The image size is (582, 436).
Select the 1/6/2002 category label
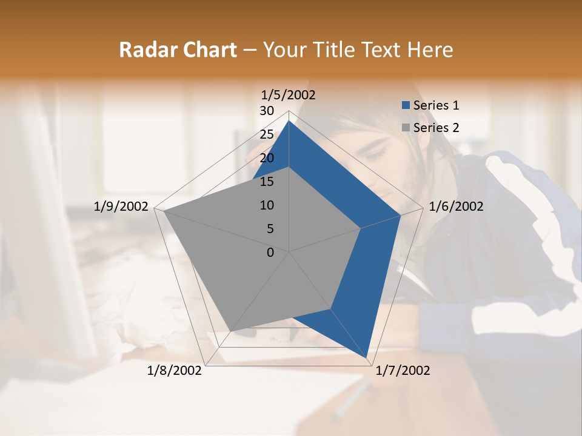[456, 206]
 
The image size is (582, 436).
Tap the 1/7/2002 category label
[403, 371]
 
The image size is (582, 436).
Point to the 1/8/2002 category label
[175, 371]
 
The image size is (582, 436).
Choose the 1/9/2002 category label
[121, 206]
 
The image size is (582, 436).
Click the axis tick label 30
[267, 111]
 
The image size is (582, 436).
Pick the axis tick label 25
[267, 134]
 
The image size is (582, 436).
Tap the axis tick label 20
[267, 158]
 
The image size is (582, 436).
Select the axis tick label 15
[267, 182]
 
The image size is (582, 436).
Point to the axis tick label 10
[267, 205]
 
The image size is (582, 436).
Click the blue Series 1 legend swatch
[406, 105]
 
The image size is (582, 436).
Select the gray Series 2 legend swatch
[406, 128]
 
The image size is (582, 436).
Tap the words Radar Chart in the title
[177, 50]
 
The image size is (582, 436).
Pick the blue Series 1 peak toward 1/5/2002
[289, 121]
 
